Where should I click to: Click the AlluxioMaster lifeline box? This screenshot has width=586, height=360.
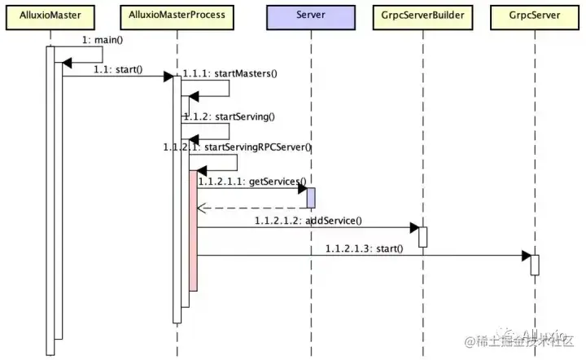coord(50,15)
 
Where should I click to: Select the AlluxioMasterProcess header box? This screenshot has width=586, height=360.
coord(177,15)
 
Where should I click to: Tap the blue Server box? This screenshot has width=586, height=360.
coord(311,15)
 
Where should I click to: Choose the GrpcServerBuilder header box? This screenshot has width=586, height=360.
coord(423,15)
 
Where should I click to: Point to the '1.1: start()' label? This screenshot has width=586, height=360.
coord(118,68)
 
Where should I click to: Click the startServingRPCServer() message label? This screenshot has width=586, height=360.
coord(237,147)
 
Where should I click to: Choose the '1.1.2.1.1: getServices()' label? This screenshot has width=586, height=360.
coord(251,181)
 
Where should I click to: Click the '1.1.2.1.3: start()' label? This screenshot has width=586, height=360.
coord(363,248)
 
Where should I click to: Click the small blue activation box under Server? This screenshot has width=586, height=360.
coord(311,197)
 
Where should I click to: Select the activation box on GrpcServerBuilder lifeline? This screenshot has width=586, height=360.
coord(423,236)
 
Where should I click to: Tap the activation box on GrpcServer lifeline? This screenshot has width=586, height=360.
coord(535,265)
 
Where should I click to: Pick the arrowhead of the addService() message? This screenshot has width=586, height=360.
coord(413,227)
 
